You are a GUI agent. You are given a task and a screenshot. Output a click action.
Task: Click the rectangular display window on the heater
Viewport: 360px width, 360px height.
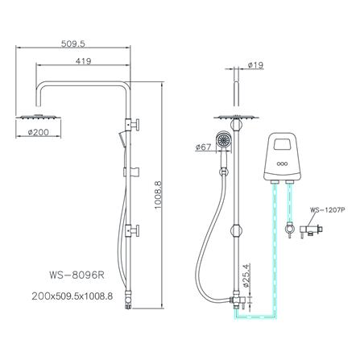283,147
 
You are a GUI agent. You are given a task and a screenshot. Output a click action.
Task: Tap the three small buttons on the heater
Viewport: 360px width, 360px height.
283,169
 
